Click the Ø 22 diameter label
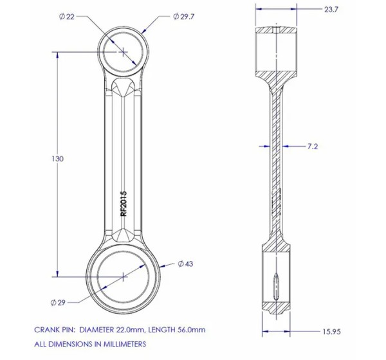(67, 17)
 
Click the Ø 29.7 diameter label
(183, 17)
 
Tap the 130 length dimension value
(57, 159)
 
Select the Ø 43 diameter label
(185, 264)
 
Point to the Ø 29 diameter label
(58, 302)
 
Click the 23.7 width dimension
(331, 10)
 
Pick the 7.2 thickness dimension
(313, 147)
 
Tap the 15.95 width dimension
(331, 332)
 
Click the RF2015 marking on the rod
(124, 204)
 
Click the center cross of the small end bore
(124, 52)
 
